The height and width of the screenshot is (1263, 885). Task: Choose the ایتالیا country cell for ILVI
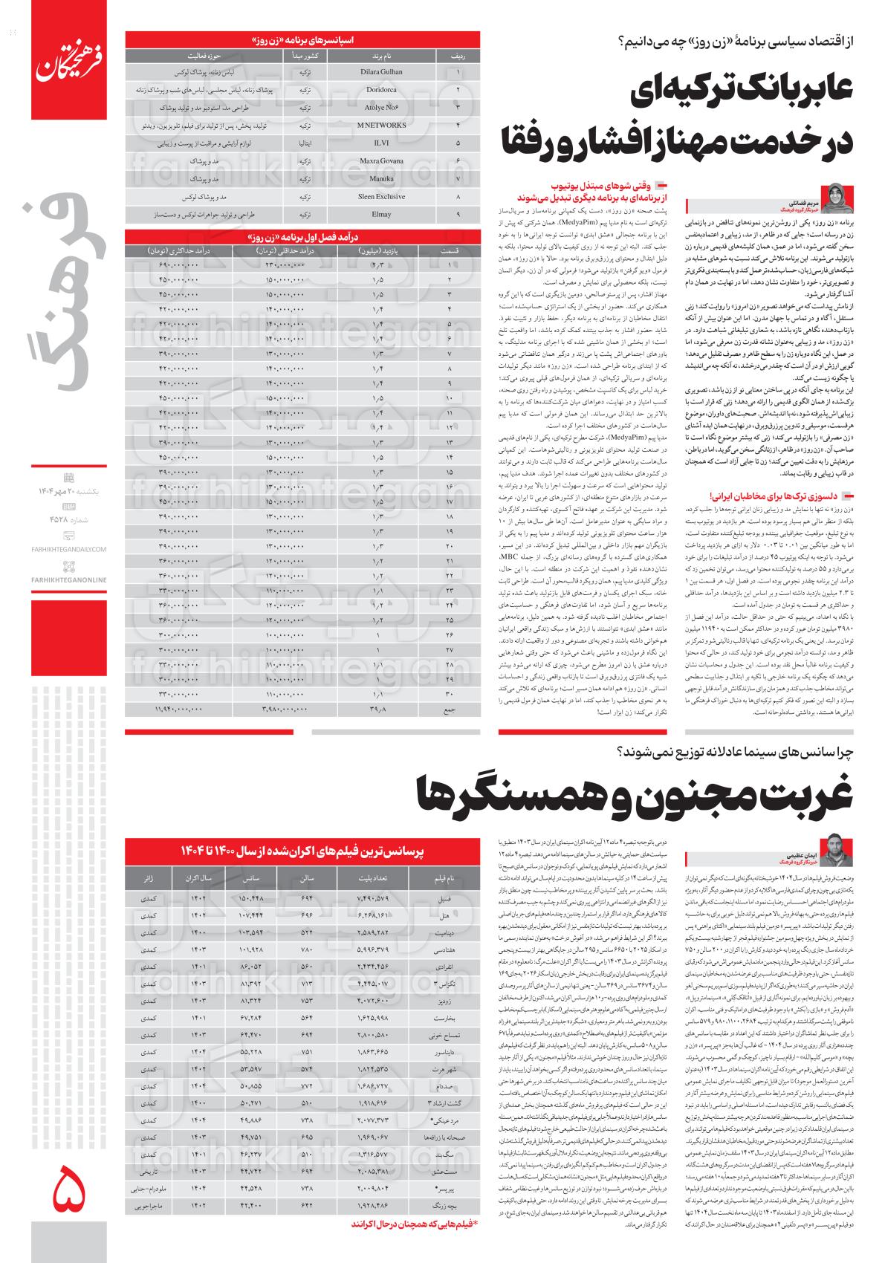[x=303, y=143]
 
